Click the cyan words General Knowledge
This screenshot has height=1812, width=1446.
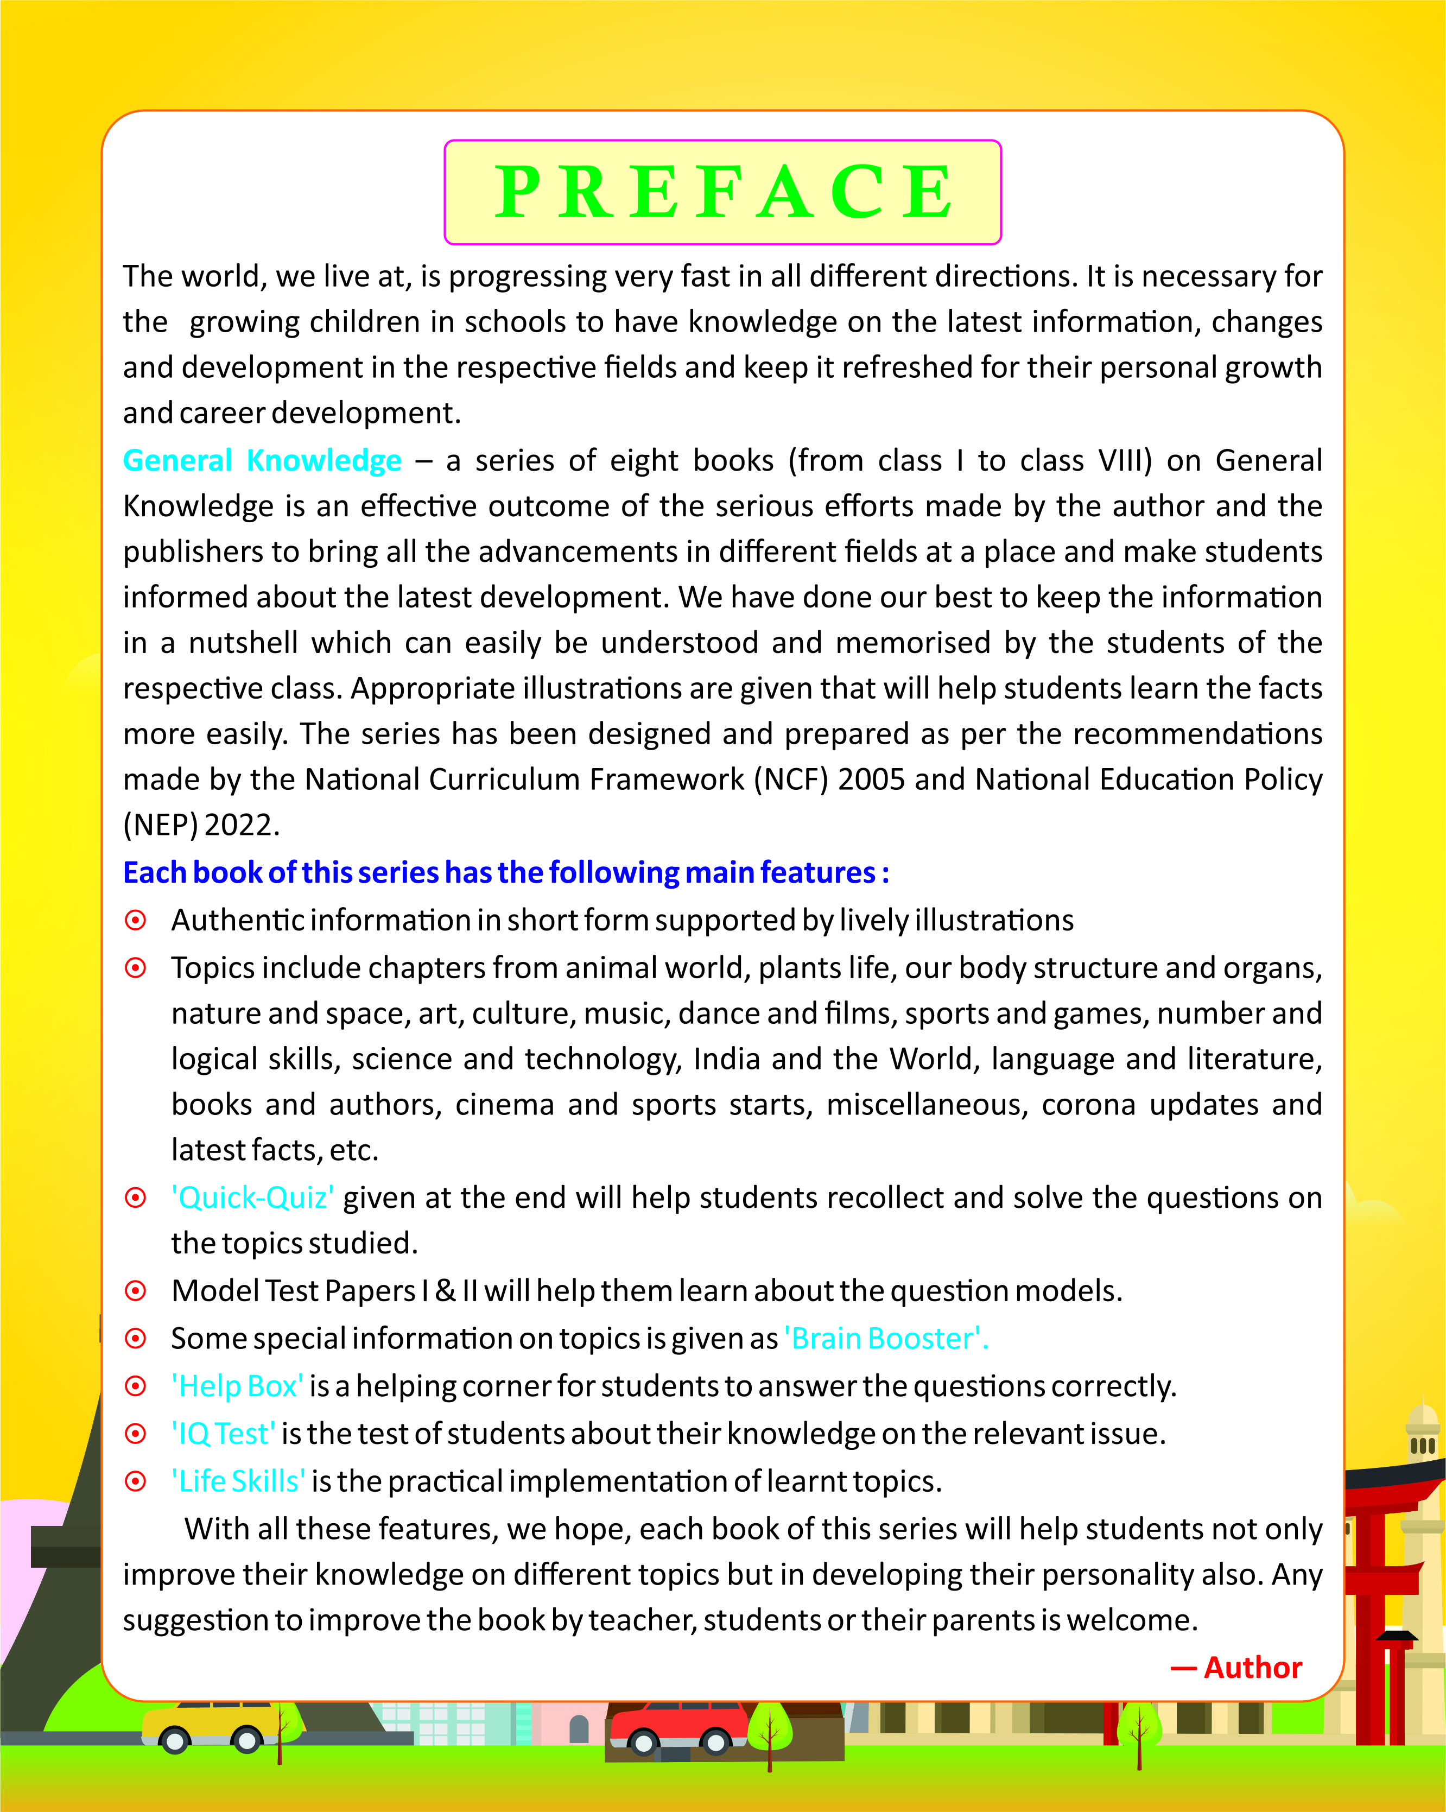point(262,460)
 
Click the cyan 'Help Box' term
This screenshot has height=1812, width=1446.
point(238,1386)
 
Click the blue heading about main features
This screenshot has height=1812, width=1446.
point(506,872)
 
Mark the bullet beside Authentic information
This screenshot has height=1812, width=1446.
point(135,920)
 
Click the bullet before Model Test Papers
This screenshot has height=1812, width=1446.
point(135,1291)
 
